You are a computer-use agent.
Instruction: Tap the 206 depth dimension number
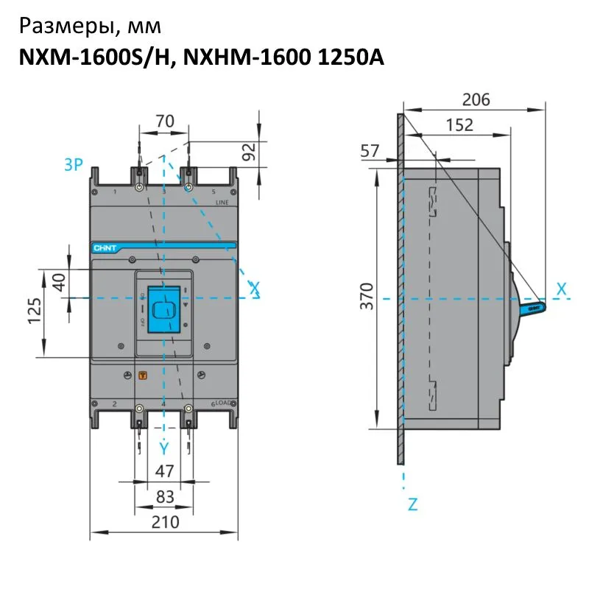click(x=476, y=99)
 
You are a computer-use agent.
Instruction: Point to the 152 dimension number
click(x=459, y=125)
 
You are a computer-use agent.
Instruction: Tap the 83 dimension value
click(x=165, y=497)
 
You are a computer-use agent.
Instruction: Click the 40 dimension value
click(x=59, y=281)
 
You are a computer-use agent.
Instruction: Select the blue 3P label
click(x=74, y=164)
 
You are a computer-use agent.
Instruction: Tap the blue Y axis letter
click(x=164, y=448)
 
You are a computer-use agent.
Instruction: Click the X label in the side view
click(x=562, y=289)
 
